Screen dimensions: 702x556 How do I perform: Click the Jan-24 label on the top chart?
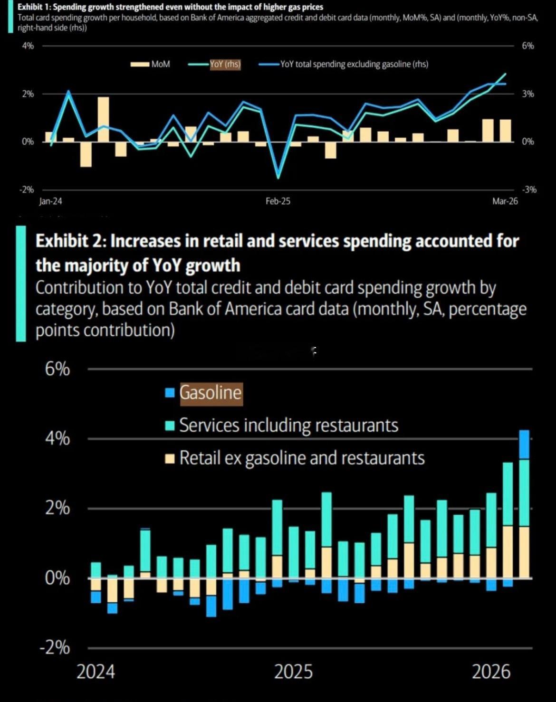(50, 201)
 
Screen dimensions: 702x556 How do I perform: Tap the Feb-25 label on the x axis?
(278, 201)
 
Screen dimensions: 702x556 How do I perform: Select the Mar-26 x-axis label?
(505, 201)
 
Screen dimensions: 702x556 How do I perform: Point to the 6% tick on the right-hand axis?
(527, 46)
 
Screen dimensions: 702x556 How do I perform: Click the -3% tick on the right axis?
(528, 190)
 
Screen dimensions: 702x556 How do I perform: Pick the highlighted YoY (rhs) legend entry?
(225, 64)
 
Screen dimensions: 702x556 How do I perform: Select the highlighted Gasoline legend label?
(211, 393)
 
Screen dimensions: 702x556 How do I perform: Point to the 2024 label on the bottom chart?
(96, 672)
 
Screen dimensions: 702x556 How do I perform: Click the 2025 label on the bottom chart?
(294, 672)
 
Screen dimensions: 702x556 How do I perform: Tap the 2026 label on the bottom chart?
(491, 672)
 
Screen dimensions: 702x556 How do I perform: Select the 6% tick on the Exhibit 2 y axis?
(58, 369)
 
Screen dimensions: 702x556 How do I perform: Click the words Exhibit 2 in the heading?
(70, 241)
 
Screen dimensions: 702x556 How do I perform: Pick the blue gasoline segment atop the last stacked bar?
(524, 445)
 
